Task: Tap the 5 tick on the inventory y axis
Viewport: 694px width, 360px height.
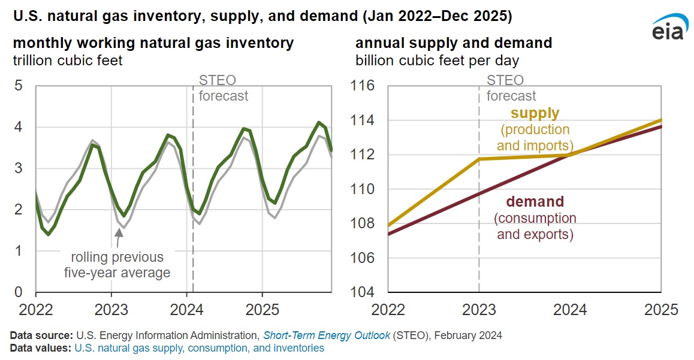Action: coord(18,86)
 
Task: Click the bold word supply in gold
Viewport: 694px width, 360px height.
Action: coord(535,113)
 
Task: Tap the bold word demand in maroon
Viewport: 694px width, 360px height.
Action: coord(535,202)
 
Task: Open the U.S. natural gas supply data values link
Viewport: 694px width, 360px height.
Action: coord(199,347)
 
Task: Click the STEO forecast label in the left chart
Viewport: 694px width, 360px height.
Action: coord(222,88)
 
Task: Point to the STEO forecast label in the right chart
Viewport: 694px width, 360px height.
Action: coord(511,88)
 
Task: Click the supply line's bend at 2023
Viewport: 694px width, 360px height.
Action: coord(479,159)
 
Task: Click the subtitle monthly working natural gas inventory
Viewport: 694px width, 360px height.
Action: coord(153,44)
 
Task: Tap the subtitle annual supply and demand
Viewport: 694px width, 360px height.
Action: coord(454,44)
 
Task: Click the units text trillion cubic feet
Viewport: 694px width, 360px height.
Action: coord(68,60)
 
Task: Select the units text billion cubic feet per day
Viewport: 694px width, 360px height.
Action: coord(437,60)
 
